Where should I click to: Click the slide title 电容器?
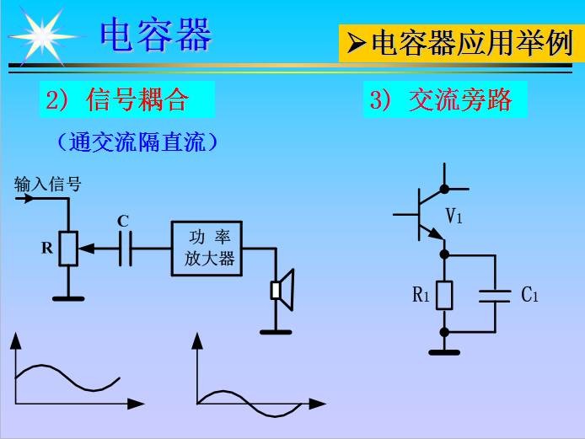(156, 35)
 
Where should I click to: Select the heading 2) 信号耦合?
(118, 101)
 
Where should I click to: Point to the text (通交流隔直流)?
(137, 142)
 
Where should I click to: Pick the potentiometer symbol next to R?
(68, 249)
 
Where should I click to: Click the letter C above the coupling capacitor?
(123, 222)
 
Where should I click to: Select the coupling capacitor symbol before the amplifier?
(126, 249)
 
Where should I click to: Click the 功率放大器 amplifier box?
(207, 249)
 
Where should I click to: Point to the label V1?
(454, 217)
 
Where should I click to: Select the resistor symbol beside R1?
(444, 294)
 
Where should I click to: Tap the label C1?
(529, 295)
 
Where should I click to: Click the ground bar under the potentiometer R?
(68, 297)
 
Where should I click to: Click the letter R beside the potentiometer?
(47, 249)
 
